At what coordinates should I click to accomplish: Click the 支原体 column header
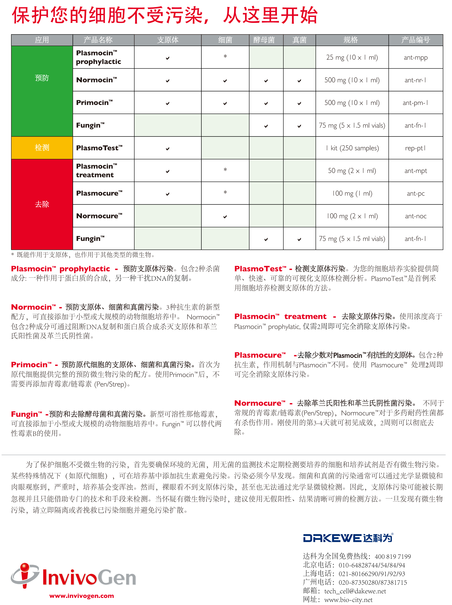tap(168, 40)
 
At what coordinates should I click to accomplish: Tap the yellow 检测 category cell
tap(42, 148)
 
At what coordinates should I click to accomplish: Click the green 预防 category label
tap(42, 78)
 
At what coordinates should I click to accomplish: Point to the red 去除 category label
tap(42, 204)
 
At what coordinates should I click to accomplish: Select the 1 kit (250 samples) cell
tap(352, 148)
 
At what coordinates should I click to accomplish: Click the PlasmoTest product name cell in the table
tap(99, 148)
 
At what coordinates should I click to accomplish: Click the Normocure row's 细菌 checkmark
tap(225, 217)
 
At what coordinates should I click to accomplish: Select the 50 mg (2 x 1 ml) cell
tap(352, 171)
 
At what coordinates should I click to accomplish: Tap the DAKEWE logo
tap(348, 538)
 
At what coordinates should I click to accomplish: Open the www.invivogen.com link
tap(81, 596)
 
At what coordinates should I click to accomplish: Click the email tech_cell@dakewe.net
tap(355, 591)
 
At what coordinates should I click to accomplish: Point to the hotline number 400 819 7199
tap(393, 556)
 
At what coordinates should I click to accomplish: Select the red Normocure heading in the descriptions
tap(259, 403)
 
